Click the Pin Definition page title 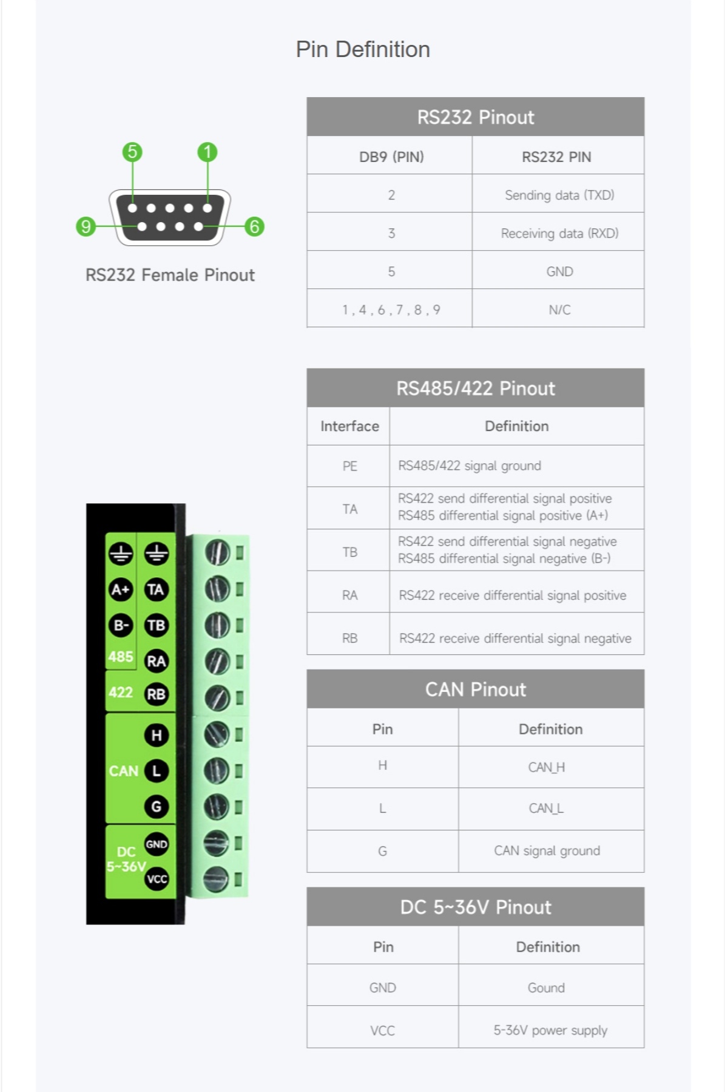[363, 49]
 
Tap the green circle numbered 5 [132, 151]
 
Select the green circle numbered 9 [86, 226]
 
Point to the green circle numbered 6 [254, 226]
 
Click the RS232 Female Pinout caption [170, 275]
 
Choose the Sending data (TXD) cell [559, 195]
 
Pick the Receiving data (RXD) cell [559, 233]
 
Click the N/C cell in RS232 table [559, 310]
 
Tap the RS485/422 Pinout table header [475, 388]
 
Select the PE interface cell [349, 466]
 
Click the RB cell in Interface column [349, 638]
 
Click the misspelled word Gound [546, 988]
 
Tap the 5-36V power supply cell [550, 1030]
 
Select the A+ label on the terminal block [120, 589]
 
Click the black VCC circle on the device [157, 879]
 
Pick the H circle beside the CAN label [156, 735]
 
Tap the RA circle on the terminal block [156, 661]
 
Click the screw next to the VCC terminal [215, 878]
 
